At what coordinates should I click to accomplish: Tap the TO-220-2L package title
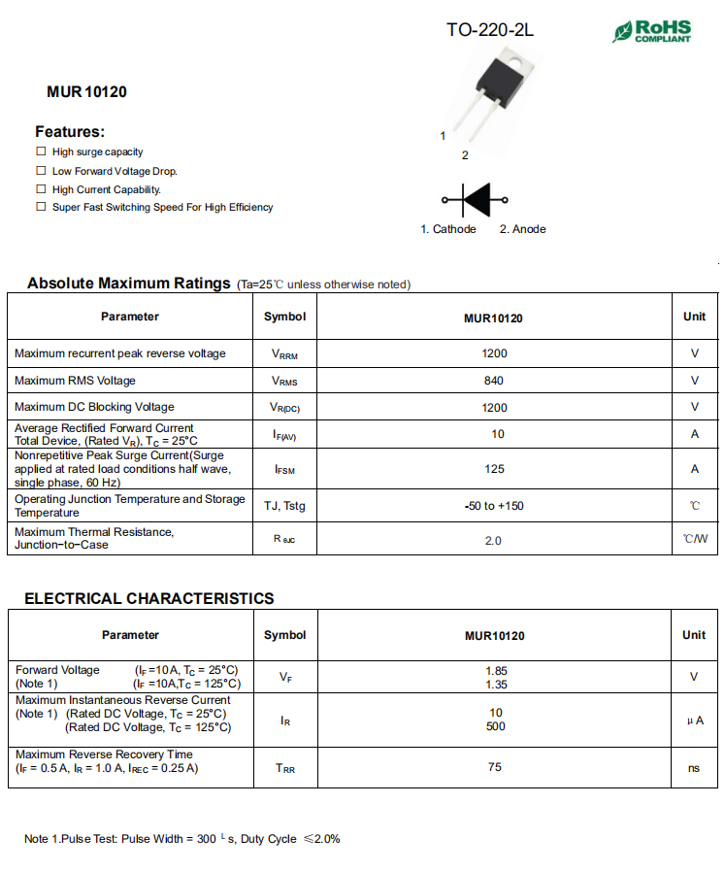click(489, 30)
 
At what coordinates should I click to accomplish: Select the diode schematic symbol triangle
click(478, 200)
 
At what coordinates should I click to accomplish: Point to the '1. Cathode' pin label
click(448, 229)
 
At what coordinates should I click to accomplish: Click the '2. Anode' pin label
click(522, 229)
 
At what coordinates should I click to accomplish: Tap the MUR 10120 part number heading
click(86, 92)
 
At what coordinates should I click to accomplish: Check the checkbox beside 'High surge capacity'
click(41, 151)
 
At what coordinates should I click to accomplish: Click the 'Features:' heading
click(70, 131)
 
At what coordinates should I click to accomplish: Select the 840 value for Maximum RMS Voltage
click(494, 381)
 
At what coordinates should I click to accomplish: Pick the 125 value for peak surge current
click(494, 469)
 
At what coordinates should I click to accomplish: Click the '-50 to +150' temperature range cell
click(494, 506)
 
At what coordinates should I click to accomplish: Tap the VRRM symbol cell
click(285, 354)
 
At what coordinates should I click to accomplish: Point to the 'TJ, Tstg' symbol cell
click(284, 506)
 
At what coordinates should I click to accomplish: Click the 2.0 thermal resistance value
click(494, 540)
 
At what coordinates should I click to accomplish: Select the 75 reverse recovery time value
click(495, 767)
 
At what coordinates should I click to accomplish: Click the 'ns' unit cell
click(694, 767)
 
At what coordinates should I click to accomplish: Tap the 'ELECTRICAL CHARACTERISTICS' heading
click(149, 598)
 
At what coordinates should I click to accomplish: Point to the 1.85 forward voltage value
click(495, 670)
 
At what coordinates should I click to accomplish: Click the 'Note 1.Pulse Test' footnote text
click(182, 838)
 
